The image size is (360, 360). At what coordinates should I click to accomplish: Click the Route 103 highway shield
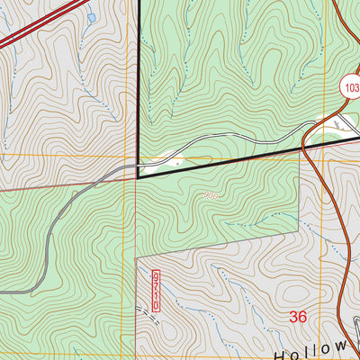(350, 87)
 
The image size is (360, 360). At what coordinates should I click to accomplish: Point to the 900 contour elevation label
(211, 194)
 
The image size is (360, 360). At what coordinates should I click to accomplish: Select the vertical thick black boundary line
(139, 81)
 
